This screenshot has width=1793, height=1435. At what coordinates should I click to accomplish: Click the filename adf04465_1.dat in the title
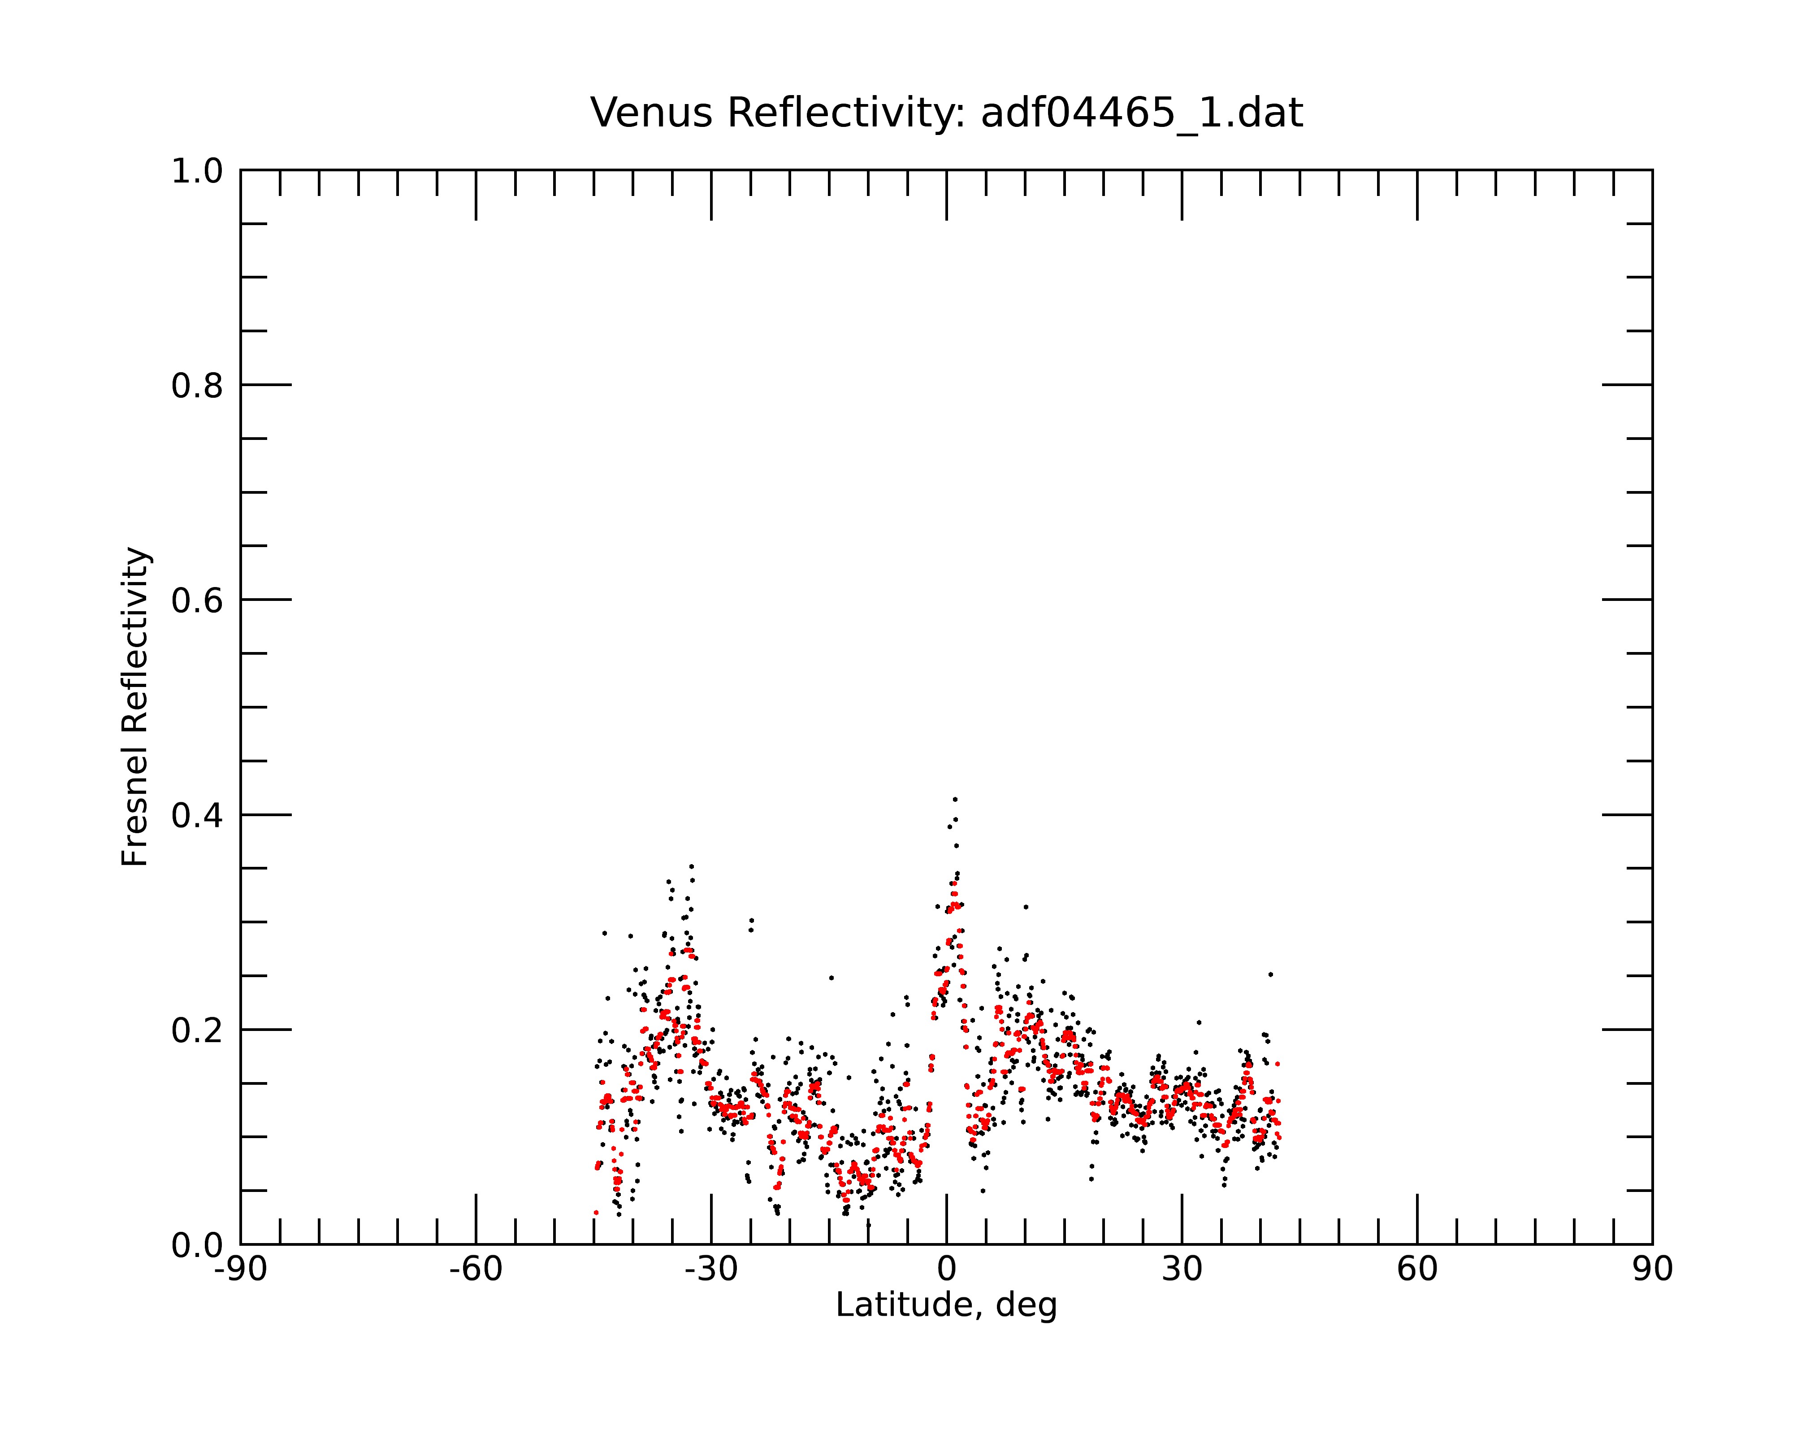(x=1142, y=113)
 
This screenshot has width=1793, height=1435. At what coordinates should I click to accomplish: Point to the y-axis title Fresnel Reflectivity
(x=135, y=707)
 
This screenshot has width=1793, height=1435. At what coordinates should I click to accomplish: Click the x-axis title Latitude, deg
(x=946, y=1305)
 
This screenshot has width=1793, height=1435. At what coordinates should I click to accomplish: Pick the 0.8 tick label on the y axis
(x=197, y=386)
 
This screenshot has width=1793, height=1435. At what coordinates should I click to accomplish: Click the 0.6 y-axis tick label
(x=197, y=600)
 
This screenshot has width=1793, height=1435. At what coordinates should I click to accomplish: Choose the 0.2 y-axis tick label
(x=197, y=1031)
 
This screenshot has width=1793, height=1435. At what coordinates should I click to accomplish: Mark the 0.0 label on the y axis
(x=197, y=1245)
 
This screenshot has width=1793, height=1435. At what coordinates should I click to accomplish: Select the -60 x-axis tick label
(x=476, y=1270)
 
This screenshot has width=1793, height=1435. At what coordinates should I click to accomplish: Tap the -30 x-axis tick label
(x=711, y=1270)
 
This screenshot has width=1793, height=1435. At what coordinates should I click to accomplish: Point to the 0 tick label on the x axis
(x=946, y=1270)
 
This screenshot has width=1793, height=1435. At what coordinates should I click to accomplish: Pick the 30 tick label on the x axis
(x=1182, y=1270)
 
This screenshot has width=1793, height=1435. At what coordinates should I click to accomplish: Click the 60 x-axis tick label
(x=1417, y=1270)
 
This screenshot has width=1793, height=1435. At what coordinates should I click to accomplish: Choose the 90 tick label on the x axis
(x=1652, y=1270)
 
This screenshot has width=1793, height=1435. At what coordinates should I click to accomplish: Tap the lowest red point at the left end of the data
(x=595, y=1213)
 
